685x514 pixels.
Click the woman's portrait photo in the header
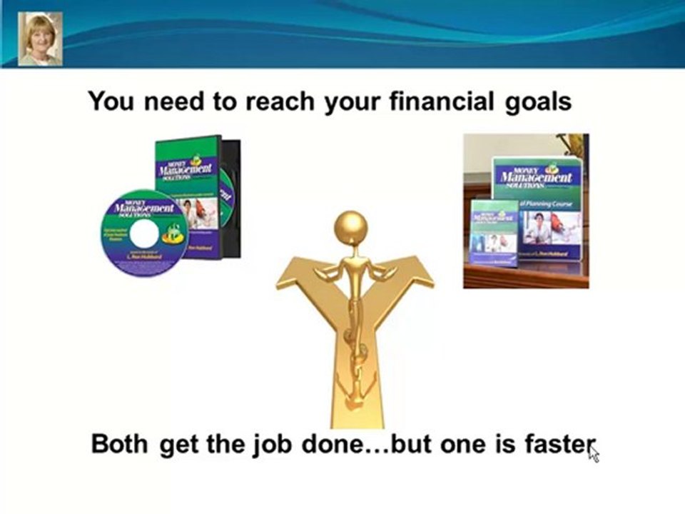coord(39,39)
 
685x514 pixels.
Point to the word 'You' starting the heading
coord(111,101)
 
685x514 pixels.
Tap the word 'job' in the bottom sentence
coord(259,445)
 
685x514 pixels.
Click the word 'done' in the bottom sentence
coord(317,444)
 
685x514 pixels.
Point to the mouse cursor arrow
coord(593,453)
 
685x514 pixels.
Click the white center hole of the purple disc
coord(143,233)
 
